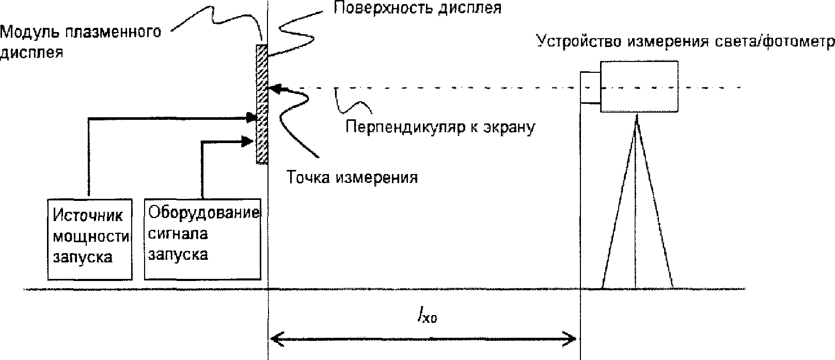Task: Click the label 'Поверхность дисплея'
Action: [x=417, y=8]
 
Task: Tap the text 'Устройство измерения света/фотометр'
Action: [x=685, y=42]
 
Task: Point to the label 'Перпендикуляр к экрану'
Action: [x=439, y=127]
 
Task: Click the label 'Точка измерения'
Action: [x=352, y=178]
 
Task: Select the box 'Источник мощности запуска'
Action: [x=89, y=240]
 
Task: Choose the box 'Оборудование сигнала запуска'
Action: [x=202, y=240]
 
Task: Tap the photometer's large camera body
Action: [x=639, y=86]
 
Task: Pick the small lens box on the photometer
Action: [x=590, y=87]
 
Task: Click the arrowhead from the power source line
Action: [x=252, y=118]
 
